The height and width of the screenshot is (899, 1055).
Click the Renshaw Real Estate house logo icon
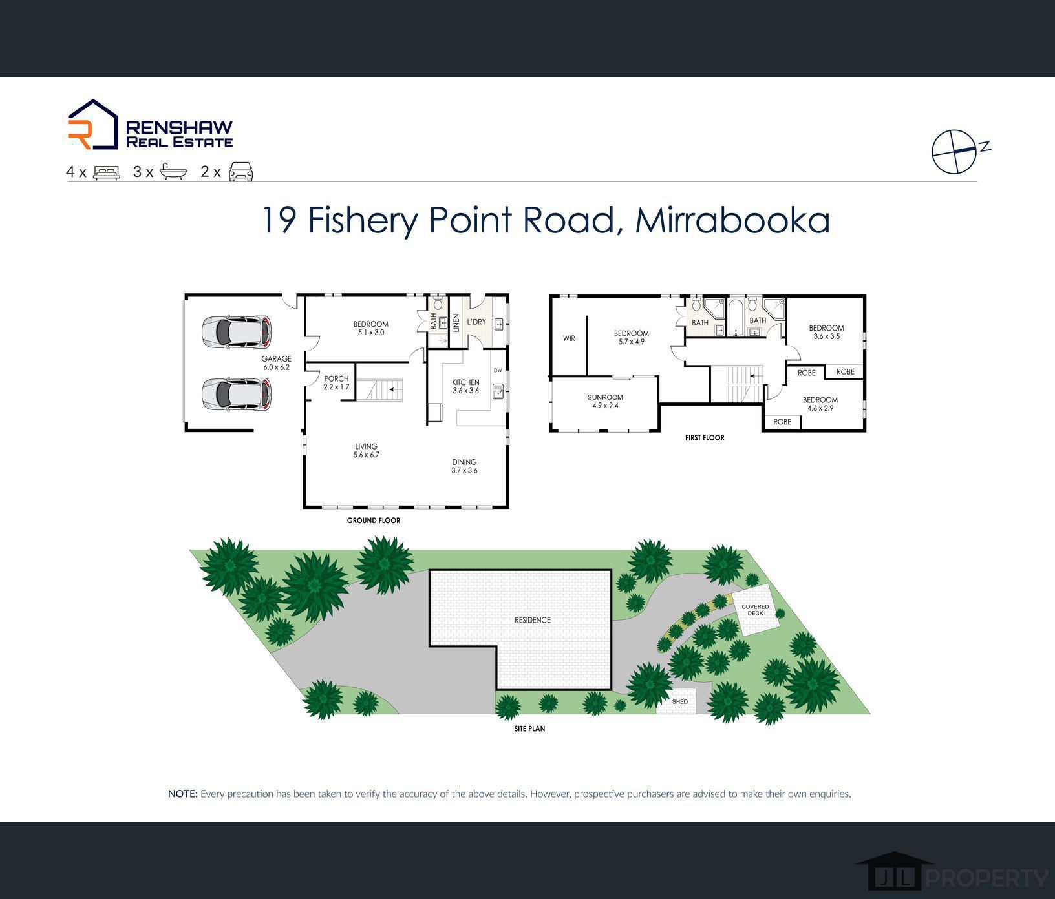click(x=93, y=124)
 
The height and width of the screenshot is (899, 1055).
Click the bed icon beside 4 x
click(x=107, y=172)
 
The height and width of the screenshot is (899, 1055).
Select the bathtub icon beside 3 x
click(x=173, y=172)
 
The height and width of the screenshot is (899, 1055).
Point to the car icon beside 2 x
click(x=240, y=172)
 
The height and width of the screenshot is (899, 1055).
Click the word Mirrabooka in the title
click(x=732, y=220)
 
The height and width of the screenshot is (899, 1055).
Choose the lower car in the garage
click(x=236, y=394)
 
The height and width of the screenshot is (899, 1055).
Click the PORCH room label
click(x=336, y=378)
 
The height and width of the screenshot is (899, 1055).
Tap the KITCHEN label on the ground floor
click(x=465, y=382)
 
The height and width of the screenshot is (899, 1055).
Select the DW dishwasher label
click(x=498, y=371)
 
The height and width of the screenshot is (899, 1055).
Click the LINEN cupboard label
click(x=456, y=323)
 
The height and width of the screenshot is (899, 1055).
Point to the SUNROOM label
click(x=605, y=397)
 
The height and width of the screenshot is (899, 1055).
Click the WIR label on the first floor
click(x=569, y=338)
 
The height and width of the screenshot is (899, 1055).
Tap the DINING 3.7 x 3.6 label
click(x=464, y=466)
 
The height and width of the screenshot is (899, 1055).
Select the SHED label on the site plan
click(x=680, y=701)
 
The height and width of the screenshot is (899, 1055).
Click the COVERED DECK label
click(x=755, y=610)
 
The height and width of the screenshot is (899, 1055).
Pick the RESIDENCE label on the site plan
click(x=533, y=620)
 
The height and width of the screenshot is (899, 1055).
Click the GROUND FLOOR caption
click(x=374, y=521)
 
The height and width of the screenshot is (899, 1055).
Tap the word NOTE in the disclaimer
click(x=182, y=794)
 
